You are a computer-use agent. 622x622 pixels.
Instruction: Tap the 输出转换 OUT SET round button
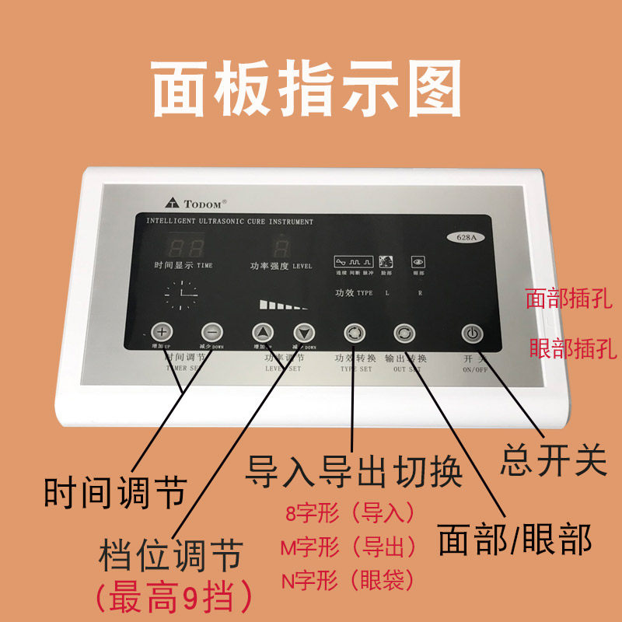pos(404,333)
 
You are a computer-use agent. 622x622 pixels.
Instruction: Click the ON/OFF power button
pos(471,334)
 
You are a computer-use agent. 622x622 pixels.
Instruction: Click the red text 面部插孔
pos(569,298)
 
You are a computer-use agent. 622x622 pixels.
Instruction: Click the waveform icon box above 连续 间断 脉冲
pos(354,261)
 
